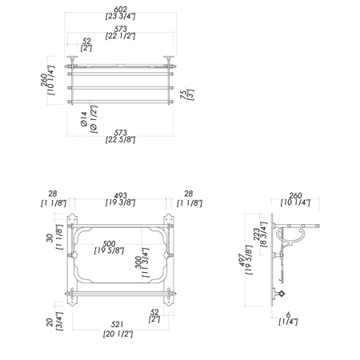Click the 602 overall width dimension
(x=120, y=13)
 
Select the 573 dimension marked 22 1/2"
(x=120, y=33)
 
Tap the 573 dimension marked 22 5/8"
(x=120, y=136)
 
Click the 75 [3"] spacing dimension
(x=187, y=94)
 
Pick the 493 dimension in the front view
(x=120, y=199)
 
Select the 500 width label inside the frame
(x=109, y=247)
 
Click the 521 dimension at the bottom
(x=118, y=330)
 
